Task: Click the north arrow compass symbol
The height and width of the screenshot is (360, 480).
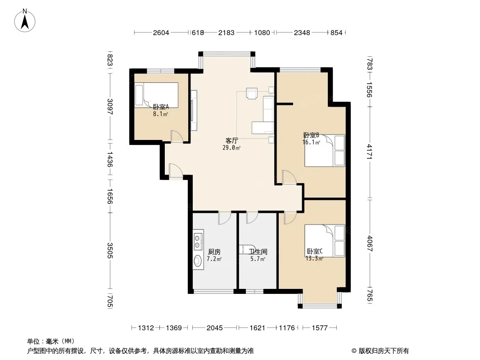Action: coord(25,21)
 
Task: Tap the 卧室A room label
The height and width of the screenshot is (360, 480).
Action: coord(161,107)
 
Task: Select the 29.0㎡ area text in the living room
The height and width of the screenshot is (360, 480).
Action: coord(231,148)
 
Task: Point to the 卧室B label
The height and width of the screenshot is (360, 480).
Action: coord(311,135)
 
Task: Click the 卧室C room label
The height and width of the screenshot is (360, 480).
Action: coord(315,252)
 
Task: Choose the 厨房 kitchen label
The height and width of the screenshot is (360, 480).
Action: coord(214,252)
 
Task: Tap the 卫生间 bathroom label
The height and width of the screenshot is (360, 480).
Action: coord(258,252)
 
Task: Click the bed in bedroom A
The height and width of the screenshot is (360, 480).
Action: coord(156,95)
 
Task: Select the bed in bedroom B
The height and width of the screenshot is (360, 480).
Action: coord(325,150)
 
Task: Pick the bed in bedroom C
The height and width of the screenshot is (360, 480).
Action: coord(325,241)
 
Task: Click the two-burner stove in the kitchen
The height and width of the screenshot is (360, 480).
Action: coord(198,241)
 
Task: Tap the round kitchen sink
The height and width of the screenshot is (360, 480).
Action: coord(198,261)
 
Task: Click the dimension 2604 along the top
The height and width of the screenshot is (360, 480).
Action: coord(161,33)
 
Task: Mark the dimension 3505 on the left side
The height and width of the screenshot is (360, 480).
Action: coord(110,250)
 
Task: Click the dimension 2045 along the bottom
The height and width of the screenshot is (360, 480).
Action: coord(215,328)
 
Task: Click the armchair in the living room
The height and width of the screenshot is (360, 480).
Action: coord(252,94)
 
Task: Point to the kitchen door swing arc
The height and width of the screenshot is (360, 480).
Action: coord(224,218)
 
